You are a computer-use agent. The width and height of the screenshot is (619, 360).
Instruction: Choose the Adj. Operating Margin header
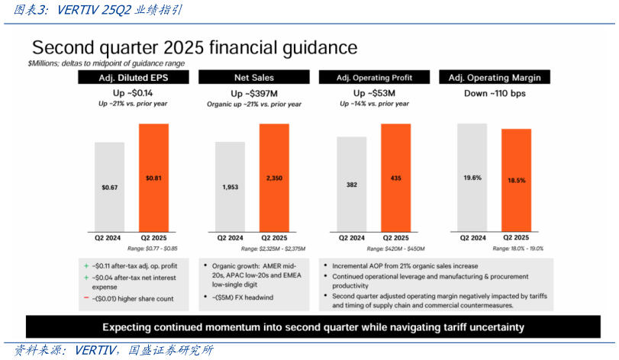(494, 78)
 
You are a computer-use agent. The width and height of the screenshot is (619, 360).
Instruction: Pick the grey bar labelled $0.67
(109, 186)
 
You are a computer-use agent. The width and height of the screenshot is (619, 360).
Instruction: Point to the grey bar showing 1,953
(230, 186)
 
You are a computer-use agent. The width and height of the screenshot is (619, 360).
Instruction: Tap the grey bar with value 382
(351, 184)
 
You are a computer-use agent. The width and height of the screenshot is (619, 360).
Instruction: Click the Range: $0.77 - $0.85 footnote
(153, 249)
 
